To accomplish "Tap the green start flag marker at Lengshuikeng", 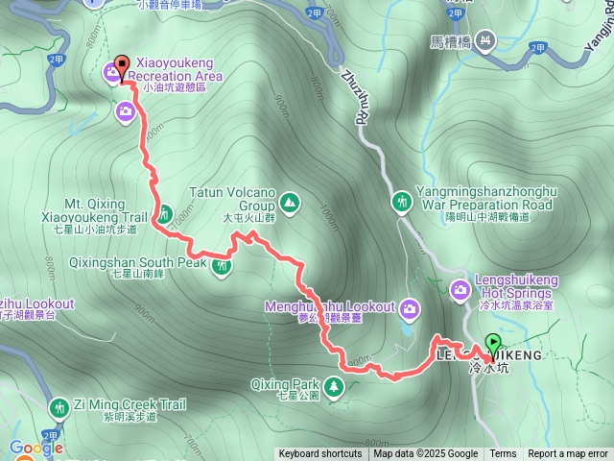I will [x=492, y=343].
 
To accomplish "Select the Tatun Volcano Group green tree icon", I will [x=289, y=203].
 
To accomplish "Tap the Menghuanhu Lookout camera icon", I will [x=410, y=308].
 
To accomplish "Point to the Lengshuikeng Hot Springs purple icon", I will [x=460, y=288].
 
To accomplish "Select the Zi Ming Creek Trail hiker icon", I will [x=59, y=408].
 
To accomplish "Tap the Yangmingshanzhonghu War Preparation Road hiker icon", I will [x=401, y=202].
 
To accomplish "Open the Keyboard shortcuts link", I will [x=320, y=454].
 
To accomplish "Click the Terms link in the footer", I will [x=503, y=454].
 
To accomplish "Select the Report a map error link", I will [x=568, y=454].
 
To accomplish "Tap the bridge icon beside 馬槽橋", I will [x=485, y=40].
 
